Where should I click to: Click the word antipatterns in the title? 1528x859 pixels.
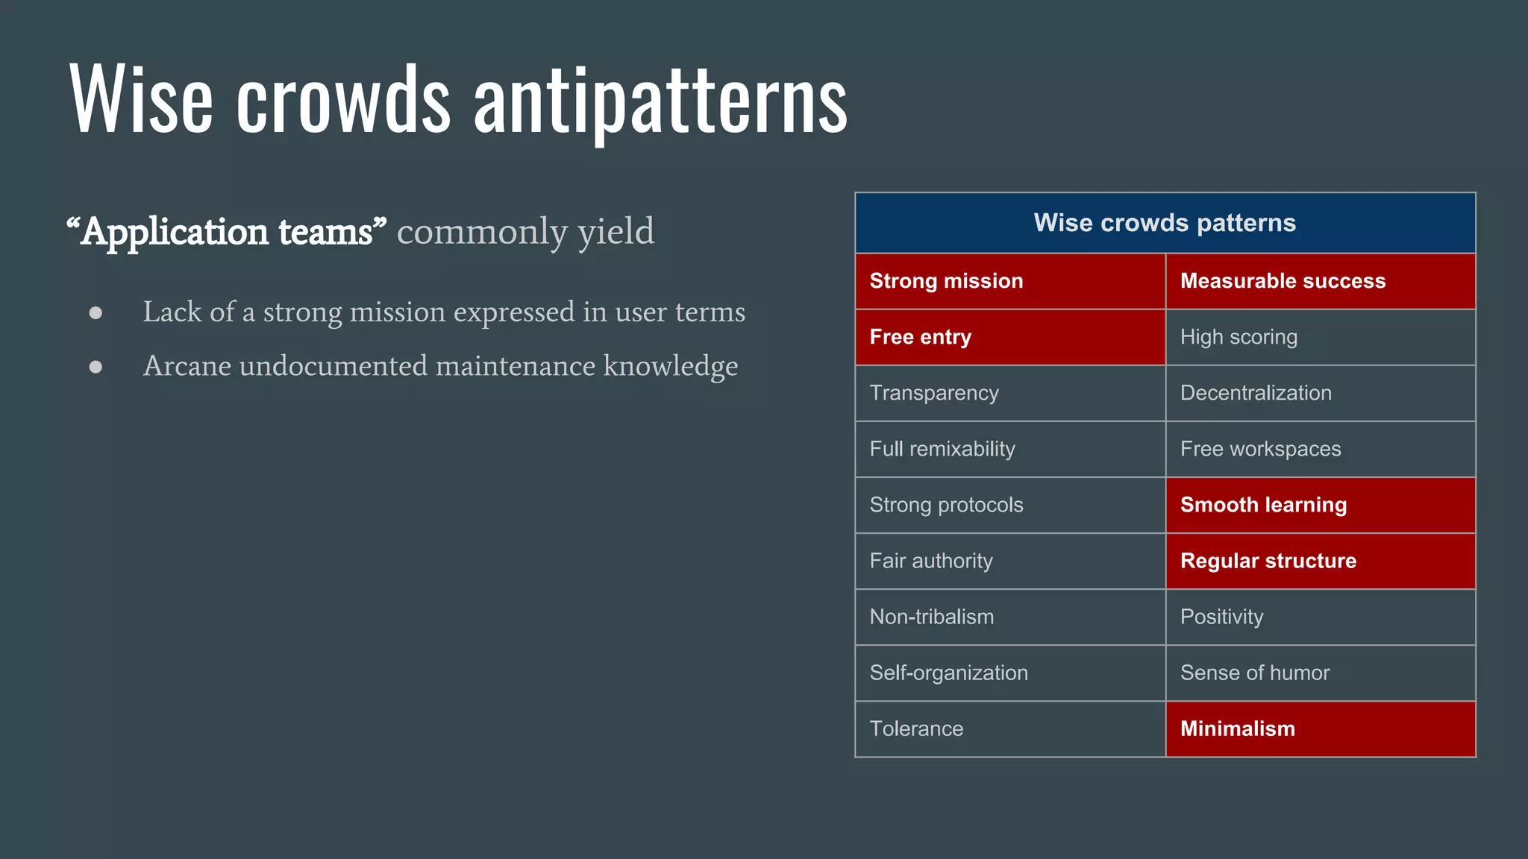(x=660, y=101)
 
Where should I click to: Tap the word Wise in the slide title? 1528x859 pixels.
(x=141, y=101)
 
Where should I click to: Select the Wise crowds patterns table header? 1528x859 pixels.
(x=1165, y=223)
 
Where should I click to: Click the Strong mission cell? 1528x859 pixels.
(x=1009, y=281)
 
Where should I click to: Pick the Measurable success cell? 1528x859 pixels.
(x=1320, y=281)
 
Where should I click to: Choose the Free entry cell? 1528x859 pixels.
(x=1009, y=337)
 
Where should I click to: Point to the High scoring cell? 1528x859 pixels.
(x=1320, y=337)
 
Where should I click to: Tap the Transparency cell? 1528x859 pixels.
(x=1009, y=393)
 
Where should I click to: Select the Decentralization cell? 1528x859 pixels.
(x=1320, y=393)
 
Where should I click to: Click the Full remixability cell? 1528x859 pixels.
(x=1009, y=449)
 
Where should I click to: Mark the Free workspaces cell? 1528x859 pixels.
(x=1320, y=449)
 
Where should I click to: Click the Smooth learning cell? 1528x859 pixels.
(x=1320, y=505)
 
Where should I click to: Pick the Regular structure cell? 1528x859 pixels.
(x=1320, y=561)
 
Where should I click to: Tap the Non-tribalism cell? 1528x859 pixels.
(x=1009, y=617)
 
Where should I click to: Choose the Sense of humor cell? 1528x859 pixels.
(x=1320, y=673)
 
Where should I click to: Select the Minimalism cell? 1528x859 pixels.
(x=1320, y=729)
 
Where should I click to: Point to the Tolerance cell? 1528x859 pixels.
(x=1009, y=729)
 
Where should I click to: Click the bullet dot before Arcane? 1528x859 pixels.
(x=95, y=367)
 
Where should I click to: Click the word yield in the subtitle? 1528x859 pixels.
(x=616, y=232)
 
